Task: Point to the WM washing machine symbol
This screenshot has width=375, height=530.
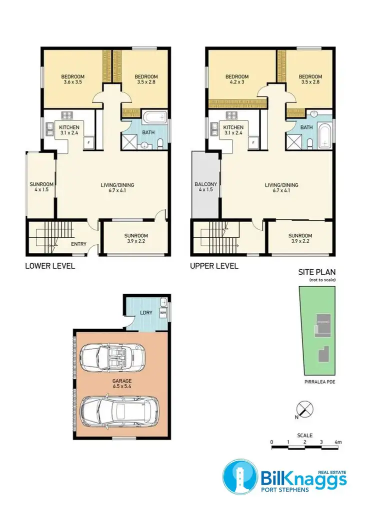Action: tap(162, 313)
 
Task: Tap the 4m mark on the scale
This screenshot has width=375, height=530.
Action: tap(338, 442)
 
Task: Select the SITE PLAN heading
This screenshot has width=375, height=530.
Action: tap(317, 272)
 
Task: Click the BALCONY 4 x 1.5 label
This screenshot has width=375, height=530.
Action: tap(205, 187)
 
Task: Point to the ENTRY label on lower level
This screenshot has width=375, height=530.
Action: tap(78, 244)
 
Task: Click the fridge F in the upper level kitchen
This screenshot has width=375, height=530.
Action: tap(253, 143)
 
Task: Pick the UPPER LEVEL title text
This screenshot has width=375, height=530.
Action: tap(214, 266)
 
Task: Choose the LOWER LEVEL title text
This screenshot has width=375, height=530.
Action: tap(50, 266)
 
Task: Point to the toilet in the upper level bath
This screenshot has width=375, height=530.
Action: tap(310, 144)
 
